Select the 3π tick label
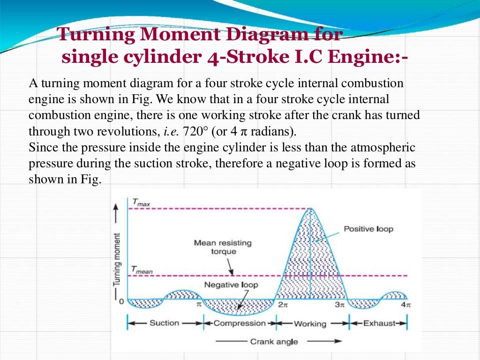coord(339,305)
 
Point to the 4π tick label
coord(406,305)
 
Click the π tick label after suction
coord(199,304)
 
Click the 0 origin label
coord(121,301)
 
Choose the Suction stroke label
coord(164,323)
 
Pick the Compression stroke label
coord(240,323)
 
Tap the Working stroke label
coord(310,323)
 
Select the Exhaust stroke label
coord(377,323)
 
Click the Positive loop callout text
coord(368,229)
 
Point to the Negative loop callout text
coord(231,285)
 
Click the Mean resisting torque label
coord(223,247)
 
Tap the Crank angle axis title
coord(274,341)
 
